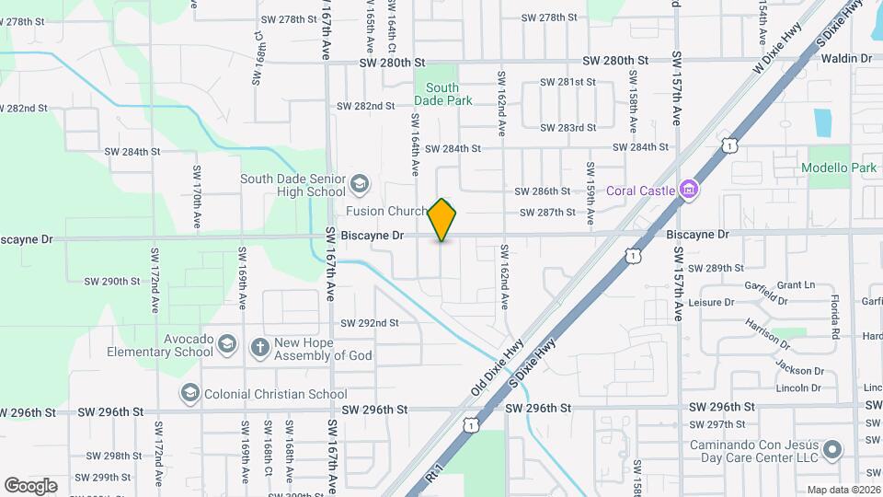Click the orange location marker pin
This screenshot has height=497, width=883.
[x=442, y=220]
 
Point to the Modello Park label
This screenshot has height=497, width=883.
[x=838, y=168]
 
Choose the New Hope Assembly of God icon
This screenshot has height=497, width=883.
[x=260, y=347]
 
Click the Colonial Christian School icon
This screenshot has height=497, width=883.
[x=189, y=394]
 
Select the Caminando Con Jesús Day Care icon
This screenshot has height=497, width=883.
[x=832, y=450]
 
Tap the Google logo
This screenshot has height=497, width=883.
[x=30, y=485]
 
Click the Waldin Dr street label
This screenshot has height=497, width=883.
[x=845, y=59]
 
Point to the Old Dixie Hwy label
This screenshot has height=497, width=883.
[x=500, y=367]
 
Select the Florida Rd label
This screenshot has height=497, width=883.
[x=835, y=317]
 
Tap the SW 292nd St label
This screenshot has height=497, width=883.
[x=369, y=323]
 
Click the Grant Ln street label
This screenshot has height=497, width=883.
[x=797, y=285]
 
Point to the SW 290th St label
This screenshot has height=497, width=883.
[x=111, y=281]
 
